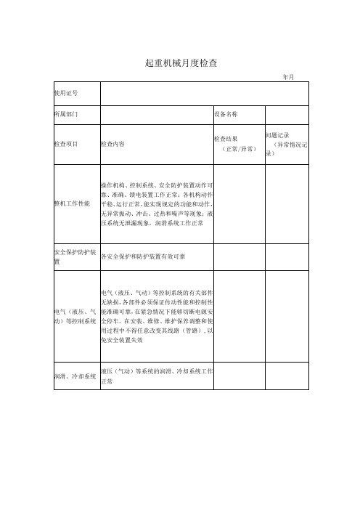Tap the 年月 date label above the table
pos(287,76)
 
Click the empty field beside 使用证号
pos(204,93)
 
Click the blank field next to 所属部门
pos(155,115)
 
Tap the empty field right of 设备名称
pos(287,115)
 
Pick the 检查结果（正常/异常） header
pos(238,143)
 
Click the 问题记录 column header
pos(287,144)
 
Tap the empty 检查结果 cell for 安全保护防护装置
pos(238,256)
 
